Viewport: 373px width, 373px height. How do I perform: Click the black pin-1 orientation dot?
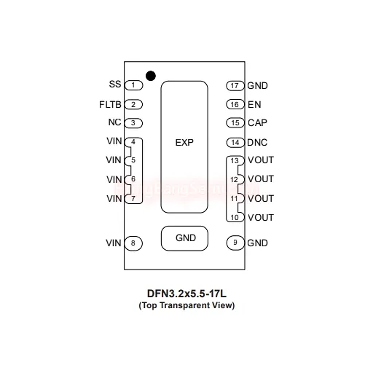pyautogui.click(x=151, y=76)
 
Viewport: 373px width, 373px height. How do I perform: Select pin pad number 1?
pyautogui.click(x=133, y=85)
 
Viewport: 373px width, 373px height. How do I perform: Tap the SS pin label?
pyautogui.click(x=115, y=84)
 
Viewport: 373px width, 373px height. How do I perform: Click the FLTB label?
pyautogui.click(x=110, y=105)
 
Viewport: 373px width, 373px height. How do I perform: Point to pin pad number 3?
pyautogui.click(x=133, y=123)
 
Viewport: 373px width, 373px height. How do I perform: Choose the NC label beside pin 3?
pyautogui.click(x=114, y=122)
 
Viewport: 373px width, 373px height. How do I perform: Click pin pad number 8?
pyautogui.click(x=133, y=243)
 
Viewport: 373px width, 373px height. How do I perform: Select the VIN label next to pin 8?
pyautogui.click(x=114, y=243)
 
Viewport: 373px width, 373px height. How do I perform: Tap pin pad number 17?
pyautogui.click(x=235, y=86)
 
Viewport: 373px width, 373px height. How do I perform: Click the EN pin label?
pyautogui.click(x=254, y=105)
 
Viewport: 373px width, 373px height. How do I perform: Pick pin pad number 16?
pyautogui.click(x=235, y=104)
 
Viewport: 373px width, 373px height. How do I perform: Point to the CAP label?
pyautogui.click(x=257, y=123)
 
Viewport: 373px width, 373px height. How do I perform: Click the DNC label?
pyautogui.click(x=257, y=143)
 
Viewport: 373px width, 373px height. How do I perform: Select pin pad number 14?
pyautogui.click(x=235, y=143)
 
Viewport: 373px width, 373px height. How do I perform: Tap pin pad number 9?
pyautogui.click(x=235, y=243)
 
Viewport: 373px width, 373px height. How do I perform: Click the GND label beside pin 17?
pyautogui.click(x=257, y=86)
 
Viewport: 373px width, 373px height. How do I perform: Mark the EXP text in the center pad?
pyautogui.click(x=184, y=143)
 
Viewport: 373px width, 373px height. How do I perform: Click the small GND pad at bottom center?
pyautogui.click(x=184, y=238)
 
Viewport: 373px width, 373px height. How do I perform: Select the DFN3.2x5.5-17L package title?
pyautogui.click(x=186, y=294)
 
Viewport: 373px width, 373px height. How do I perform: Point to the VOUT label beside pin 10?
pyautogui.click(x=261, y=218)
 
